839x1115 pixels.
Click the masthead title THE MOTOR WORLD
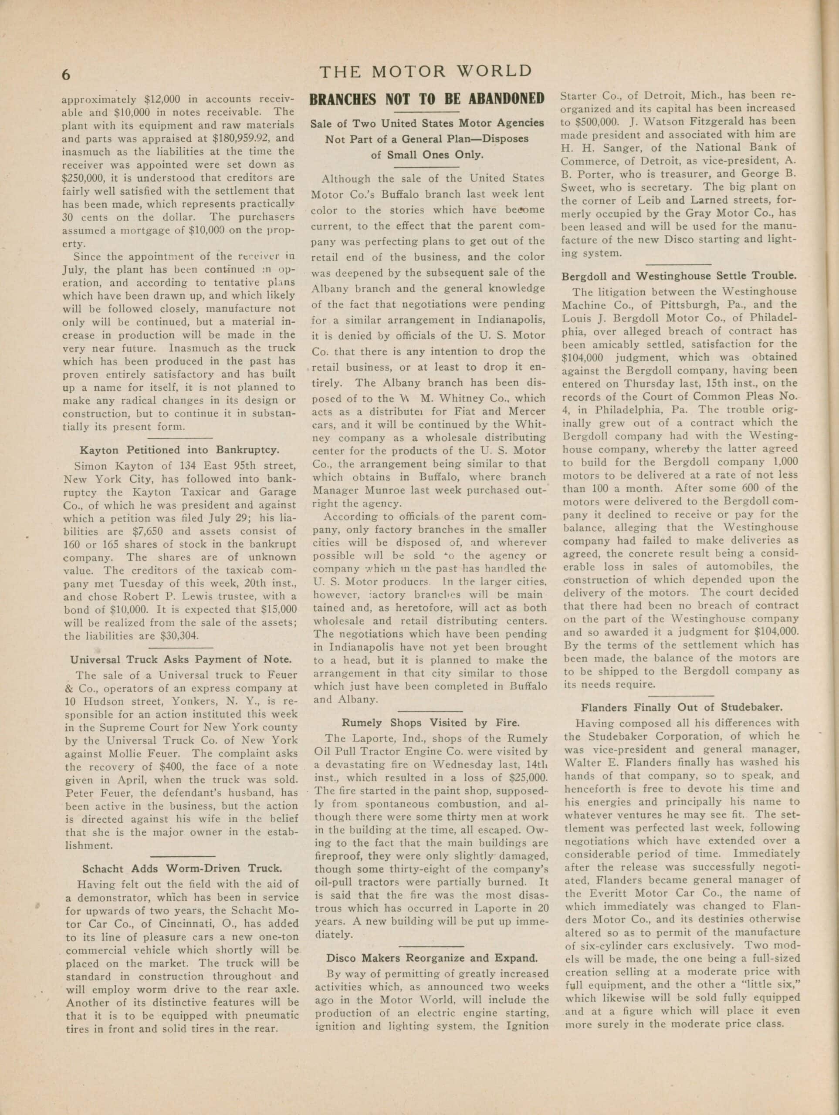426,71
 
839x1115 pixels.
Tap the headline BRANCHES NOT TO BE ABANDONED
426,99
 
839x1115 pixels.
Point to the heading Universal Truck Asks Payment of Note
180,659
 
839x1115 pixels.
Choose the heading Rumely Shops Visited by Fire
429,722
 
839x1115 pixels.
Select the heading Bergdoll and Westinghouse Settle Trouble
679,276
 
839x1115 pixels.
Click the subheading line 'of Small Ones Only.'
427,155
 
